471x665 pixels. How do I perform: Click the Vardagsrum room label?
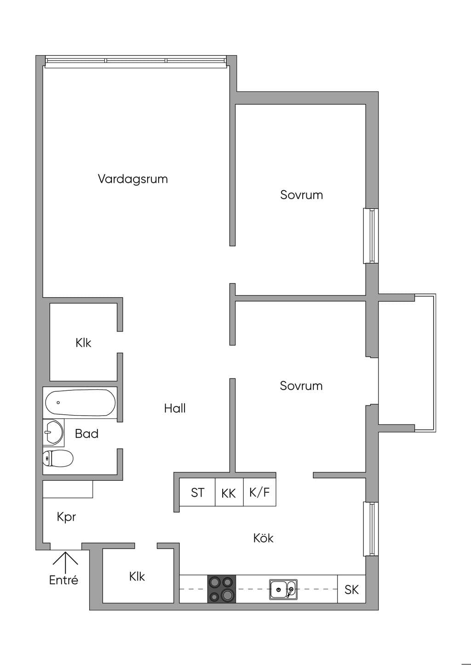tap(132, 179)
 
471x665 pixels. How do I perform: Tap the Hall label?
tap(175, 408)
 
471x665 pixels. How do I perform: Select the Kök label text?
tap(263, 538)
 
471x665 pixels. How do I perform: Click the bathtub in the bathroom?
tap(80, 403)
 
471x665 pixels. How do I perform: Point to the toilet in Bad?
tap(57, 458)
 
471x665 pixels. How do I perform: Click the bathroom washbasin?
tap(53, 433)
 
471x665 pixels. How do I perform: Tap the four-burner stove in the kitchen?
tap(222, 589)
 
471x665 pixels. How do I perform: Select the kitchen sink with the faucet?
tap(283, 589)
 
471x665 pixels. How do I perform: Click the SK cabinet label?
tap(351, 590)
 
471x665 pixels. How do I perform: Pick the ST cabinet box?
tap(197, 492)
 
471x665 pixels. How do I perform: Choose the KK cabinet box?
tap(229, 492)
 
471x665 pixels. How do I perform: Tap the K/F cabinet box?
tap(259, 492)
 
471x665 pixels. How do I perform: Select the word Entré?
tap(63, 580)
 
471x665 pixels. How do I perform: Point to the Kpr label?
tap(66, 517)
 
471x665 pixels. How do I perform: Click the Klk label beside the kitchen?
tap(137, 576)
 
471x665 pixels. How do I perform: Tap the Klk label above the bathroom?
tap(83, 343)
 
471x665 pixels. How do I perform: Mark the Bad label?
tap(86, 434)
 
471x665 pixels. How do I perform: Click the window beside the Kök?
tap(371, 529)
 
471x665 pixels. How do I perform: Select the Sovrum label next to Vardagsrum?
tap(302, 195)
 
